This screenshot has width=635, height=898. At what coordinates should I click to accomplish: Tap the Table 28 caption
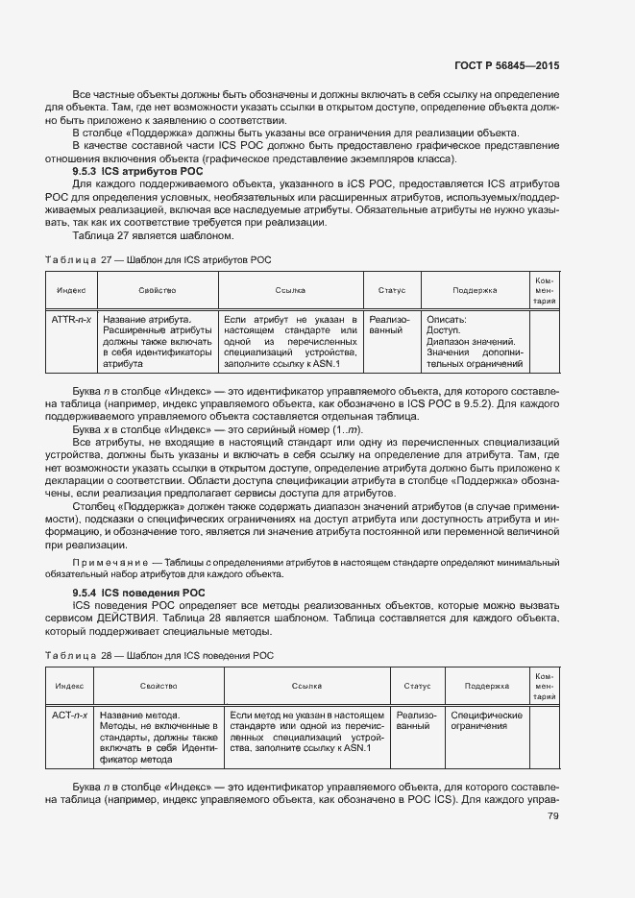[159, 655]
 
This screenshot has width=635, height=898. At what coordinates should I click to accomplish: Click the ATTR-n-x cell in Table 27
[71, 319]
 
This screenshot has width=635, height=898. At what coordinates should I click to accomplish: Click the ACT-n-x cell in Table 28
[69, 716]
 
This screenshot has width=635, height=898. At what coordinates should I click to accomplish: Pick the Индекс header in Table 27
[71, 289]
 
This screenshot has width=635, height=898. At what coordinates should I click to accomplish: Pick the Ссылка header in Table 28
[305, 687]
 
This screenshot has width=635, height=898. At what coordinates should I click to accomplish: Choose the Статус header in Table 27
[391, 289]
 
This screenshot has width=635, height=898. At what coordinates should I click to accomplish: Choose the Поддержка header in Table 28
[486, 687]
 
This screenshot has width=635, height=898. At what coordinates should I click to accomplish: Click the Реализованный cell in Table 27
[390, 325]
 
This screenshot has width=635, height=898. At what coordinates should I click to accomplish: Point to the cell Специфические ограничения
[486, 721]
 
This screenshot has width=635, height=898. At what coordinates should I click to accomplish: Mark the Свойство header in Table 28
[159, 687]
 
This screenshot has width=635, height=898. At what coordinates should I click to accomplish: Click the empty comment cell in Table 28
[544, 738]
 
